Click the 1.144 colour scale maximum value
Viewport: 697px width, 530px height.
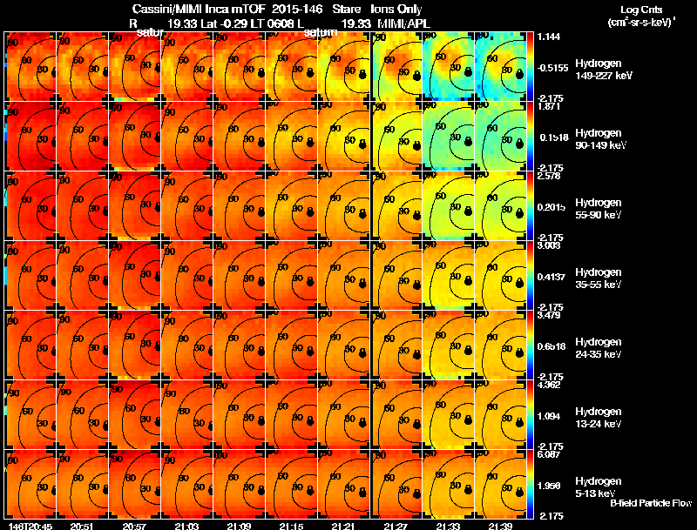pos(548,37)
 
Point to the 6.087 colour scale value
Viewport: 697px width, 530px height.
pos(548,454)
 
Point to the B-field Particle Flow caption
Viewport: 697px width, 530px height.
pos(651,503)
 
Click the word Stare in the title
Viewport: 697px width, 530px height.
pos(346,8)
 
